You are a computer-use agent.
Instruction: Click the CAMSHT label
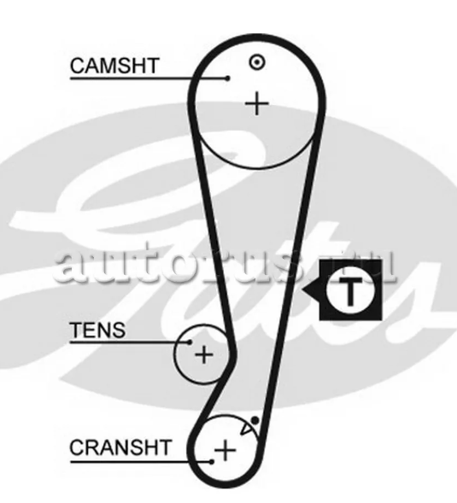pos(114,66)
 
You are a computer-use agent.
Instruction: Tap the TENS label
pos(97,330)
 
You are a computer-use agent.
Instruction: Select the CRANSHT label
pos(120,447)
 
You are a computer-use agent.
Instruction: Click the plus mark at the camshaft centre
pos(257,103)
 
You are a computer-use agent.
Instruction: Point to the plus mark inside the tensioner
pos(204,354)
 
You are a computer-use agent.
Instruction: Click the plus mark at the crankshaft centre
pos(226,450)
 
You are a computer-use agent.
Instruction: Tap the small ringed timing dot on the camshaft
pos(257,62)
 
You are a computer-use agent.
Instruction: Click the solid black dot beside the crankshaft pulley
pos(255,420)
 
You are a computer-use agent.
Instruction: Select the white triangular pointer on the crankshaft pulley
pos(246,429)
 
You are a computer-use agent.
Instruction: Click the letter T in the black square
pos(350,292)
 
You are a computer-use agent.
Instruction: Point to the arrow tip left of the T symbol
pos(302,290)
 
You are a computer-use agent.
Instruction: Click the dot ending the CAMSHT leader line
pos(228,78)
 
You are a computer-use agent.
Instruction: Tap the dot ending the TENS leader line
pos(190,342)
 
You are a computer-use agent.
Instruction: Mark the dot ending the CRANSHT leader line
pos(212,462)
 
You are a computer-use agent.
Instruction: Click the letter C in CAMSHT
pos(78,66)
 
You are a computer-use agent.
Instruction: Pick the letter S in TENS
pos(119,330)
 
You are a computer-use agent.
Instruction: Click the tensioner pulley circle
pos(174,354)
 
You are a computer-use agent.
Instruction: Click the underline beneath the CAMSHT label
pos(149,78)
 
